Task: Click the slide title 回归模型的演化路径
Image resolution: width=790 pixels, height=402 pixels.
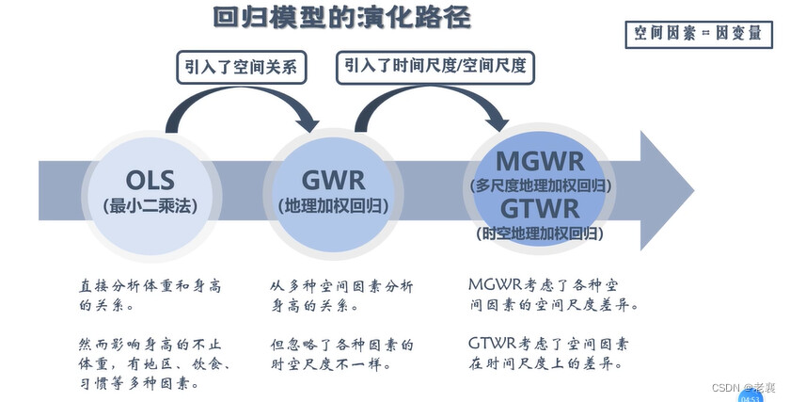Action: (x=341, y=18)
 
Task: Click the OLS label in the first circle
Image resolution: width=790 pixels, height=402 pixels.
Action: (x=150, y=179)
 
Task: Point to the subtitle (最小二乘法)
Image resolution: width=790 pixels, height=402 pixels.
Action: (x=150, y=204)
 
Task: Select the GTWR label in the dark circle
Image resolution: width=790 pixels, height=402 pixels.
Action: (x=540, y=207)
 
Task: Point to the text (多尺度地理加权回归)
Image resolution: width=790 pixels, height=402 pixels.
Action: (x=540, y=185)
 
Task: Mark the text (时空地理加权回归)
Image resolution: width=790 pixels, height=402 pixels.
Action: (x=540, y=232)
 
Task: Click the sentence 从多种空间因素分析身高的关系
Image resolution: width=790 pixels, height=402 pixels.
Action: (x=342, y=296)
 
